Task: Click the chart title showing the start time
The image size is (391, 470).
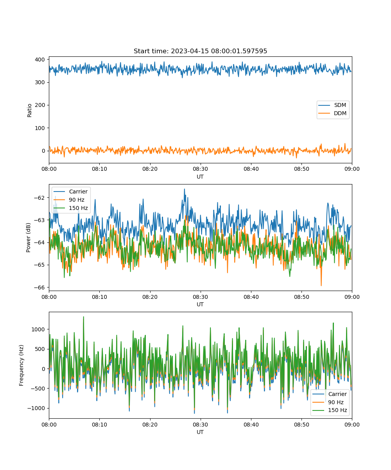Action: pos(200,51)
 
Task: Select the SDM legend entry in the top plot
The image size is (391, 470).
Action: pos(332,105)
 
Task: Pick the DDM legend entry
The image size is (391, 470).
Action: pos(332,113)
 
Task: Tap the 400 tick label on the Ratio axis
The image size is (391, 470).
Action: pos(40,60)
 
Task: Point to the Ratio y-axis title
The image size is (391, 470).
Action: pos(29,110)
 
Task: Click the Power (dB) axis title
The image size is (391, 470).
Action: pos(28,237)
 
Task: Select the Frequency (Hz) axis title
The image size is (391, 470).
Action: pos(21,365)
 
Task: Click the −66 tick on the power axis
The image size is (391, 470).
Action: pos(39,287)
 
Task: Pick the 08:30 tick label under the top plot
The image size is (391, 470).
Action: pos(201,169)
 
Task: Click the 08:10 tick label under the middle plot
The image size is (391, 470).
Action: pos(99,297)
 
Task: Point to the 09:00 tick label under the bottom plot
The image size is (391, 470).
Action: pos(352,425)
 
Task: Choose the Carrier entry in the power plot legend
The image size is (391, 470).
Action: pos(70,192)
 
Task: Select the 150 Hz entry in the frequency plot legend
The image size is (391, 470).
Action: pos(330,410)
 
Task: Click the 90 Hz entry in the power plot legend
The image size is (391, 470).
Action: pos(69,200)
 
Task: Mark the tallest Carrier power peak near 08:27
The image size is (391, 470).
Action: pos(185,189)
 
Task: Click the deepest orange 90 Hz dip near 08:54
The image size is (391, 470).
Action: pos(321,286)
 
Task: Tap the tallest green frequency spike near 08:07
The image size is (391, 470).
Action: pos(84,317)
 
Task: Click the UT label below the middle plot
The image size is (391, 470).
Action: pos(200,305)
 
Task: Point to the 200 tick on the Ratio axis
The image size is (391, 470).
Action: pos(40,105)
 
